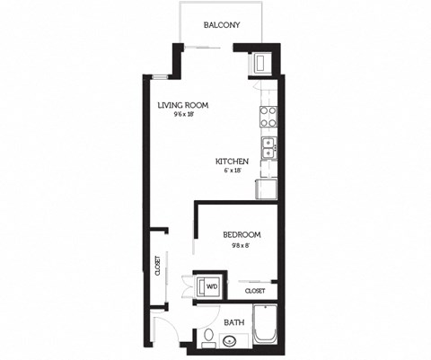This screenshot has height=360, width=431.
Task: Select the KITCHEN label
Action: pyautogui.click(x=231, y=162)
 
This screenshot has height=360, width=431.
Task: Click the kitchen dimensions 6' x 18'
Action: pyautogui.click(x=231, y=171)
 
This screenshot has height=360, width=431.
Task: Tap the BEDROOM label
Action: pyautogui.click(x=242, y=235)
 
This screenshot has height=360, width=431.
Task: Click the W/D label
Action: pyautogui.click(x=213, y=287)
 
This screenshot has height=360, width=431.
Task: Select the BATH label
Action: pyautogui.click(x=234, y=322)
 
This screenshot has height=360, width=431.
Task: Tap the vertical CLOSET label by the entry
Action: pyautogui.click(x=157, y=266)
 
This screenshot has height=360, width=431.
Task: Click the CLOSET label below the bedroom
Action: pyautogui.click(x=254, y=292)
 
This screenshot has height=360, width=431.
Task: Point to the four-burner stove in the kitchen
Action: pyautogui.click(x=268, y=117)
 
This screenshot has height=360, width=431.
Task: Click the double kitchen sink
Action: pyautogui.click(x=268, y=147)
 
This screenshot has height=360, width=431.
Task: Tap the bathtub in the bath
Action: pyautogui.click(x=265, y=327)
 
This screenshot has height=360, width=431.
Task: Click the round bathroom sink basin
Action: pyautogui.click(x=231, y=341)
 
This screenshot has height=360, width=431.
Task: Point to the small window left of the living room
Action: pyautogui.click(x=158, y=77)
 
